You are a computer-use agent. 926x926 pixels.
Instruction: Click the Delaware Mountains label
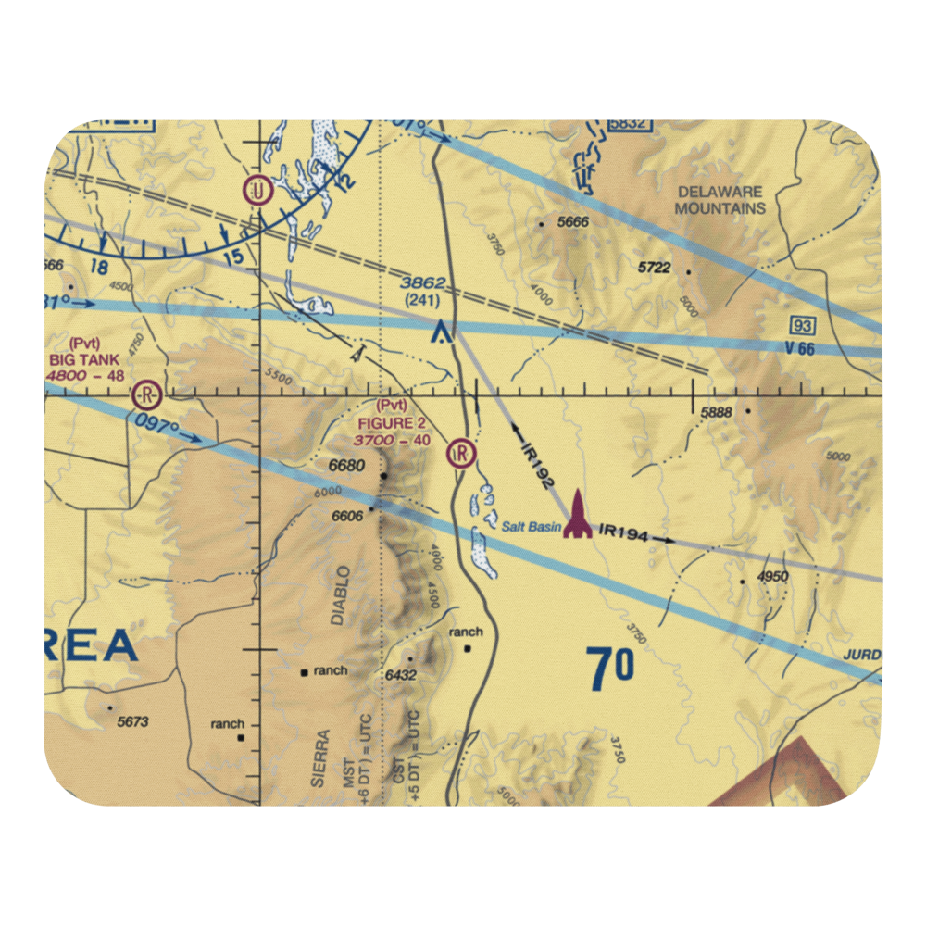(720, 200)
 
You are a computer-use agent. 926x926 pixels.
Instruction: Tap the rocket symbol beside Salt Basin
(578, 517)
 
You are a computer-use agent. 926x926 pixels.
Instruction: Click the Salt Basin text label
(531, 527)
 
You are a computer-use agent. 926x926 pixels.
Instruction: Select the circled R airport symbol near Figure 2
(460, 453)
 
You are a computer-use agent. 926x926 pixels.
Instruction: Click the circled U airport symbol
(257, 192)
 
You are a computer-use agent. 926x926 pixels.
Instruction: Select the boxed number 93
(802, 324)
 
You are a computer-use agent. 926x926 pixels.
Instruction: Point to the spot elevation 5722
(654, 268)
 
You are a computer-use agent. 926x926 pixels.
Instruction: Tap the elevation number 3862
(424, 283)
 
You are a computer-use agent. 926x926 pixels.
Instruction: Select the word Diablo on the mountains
(342, 595)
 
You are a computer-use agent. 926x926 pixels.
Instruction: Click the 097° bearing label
(156, 429)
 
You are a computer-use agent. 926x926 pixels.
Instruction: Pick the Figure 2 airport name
(393, 423)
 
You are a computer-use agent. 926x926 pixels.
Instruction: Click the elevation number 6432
(401, 676)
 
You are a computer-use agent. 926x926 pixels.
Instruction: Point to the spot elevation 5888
(717, 414)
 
